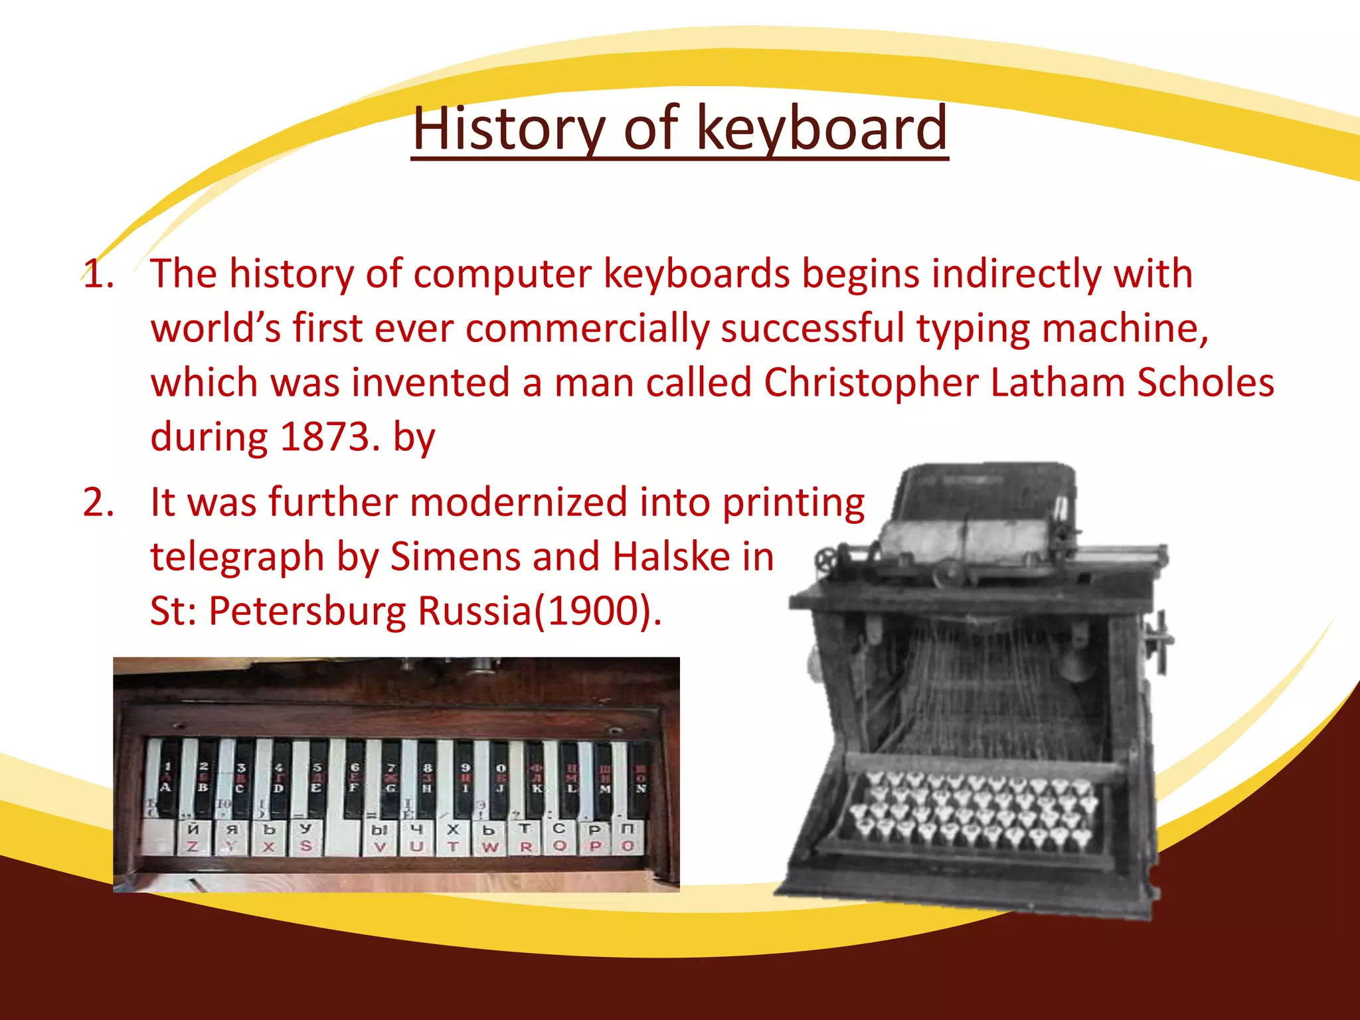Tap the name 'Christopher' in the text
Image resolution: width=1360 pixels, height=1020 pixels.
coord(871,383)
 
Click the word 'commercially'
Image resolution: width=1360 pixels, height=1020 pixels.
coord(587,329)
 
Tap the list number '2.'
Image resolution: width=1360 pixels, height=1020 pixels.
coord(98,502)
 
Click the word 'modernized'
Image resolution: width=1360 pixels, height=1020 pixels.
coord(518,502)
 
